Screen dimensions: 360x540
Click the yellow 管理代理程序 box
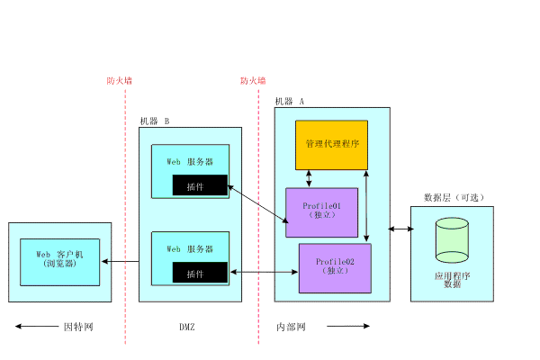point(332,144)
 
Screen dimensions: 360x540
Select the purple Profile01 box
point(321,212)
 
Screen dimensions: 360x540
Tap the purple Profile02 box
point(335,267)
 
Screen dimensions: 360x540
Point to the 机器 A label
point(290,102)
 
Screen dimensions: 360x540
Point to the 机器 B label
point(155,121)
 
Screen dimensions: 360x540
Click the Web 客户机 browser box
point(60,261)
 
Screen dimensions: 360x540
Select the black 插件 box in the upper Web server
point(200,186)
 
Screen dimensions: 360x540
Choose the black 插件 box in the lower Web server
point(200,273)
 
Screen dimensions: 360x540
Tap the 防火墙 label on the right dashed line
point(253,80)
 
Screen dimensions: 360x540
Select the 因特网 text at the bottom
point(78,327)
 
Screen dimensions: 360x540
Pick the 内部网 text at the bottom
point(292,327)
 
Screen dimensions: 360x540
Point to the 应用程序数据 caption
point(452,279)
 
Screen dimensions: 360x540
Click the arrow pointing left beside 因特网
point(34,327)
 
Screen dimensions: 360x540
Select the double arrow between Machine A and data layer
point(401,229)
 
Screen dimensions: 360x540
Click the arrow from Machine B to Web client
point(120,262)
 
